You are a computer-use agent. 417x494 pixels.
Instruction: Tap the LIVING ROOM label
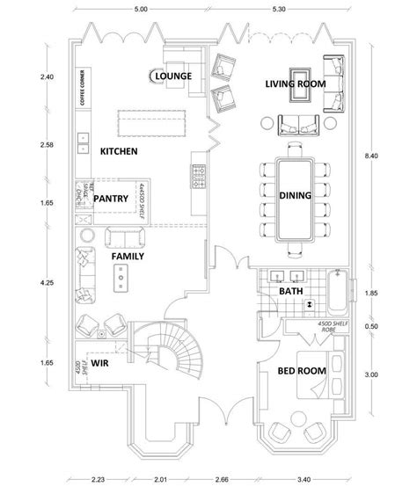point(296,84)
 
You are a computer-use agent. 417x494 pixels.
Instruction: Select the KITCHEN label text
point(119,151)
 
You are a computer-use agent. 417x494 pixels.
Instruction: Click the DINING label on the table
point(293,196)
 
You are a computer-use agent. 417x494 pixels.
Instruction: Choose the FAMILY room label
point(128,256)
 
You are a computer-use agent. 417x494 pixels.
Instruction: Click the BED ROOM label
point(302,371)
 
